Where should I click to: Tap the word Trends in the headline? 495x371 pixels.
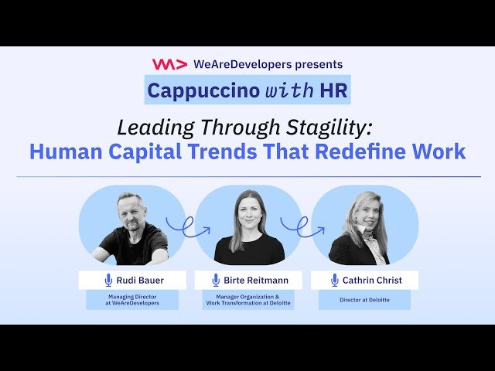point(250,151)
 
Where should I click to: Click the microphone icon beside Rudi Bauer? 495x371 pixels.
point(109,280)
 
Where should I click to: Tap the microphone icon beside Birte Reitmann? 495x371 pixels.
point(216,280)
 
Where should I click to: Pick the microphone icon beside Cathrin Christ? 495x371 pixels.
point(334,280)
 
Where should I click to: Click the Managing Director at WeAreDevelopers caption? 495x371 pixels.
point(132,299)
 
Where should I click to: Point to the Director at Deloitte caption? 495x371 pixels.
point(364,298)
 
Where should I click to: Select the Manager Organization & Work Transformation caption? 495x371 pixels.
point(248,300)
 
